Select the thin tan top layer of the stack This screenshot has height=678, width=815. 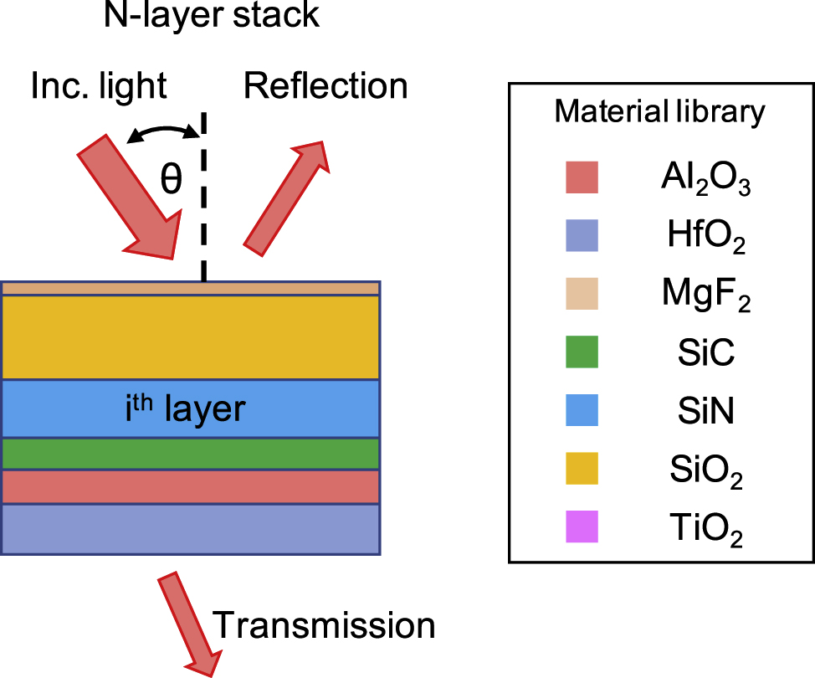[192, 288]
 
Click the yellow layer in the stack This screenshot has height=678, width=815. [192, 336]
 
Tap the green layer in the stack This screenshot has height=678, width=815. [192, 453]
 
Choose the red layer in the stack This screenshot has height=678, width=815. [192, 486]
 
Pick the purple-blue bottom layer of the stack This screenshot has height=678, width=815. [192, 528]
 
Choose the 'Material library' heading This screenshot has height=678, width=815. [659, 111]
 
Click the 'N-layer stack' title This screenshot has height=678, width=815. [212, 16]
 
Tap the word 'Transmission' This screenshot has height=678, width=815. [325, 625]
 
